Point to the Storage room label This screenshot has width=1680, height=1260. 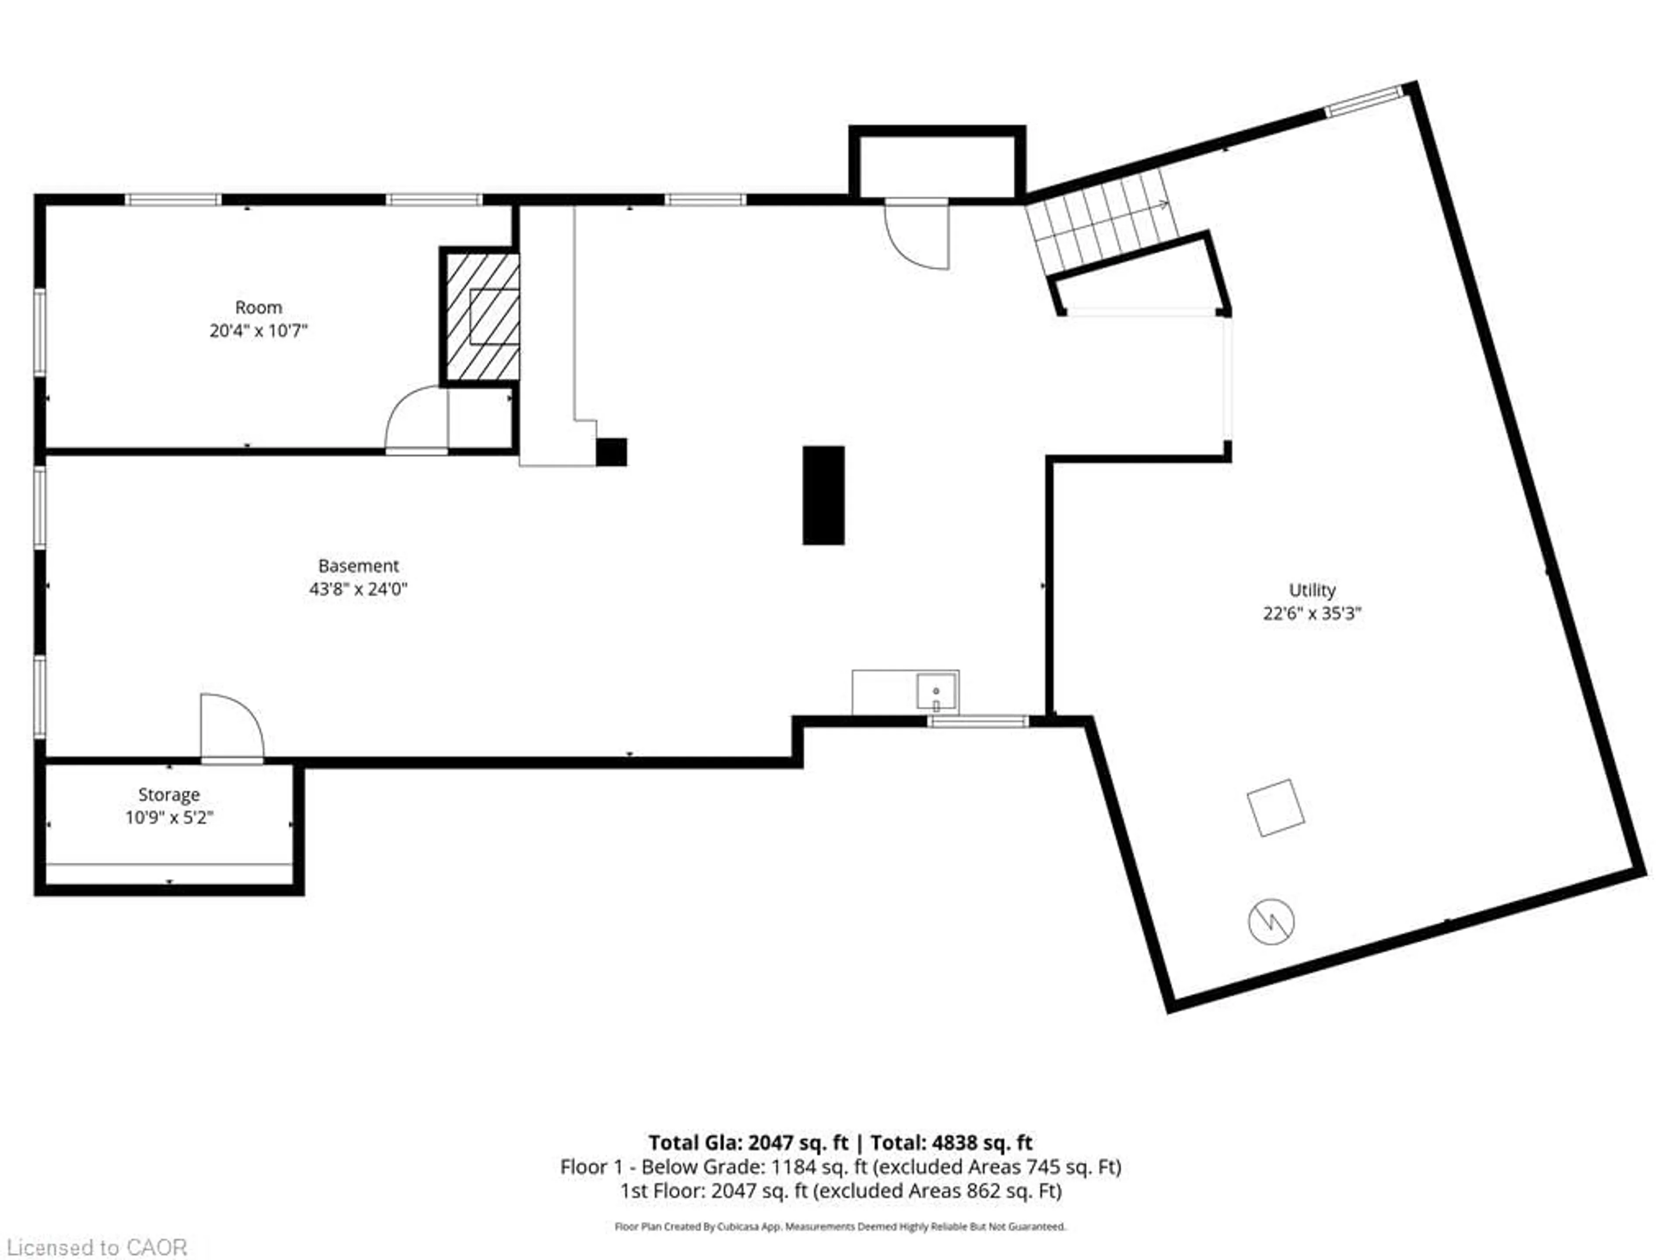pyautogui.click(x=168, y=794)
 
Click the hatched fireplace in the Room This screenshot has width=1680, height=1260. pyautogui.click(x=482, y=317)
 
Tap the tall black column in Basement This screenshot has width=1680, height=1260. pyautogui.click(x=823, y=495)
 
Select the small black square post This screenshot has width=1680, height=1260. pyautogui.click(x=611, y=452)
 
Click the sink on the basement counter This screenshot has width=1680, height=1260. pyautogui.click(x=936, y=691)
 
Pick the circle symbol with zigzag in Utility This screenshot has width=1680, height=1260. pyautogui.click(x=1271, y=922)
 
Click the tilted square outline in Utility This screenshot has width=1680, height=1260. pyautogui.click(x=1276, y=808)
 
